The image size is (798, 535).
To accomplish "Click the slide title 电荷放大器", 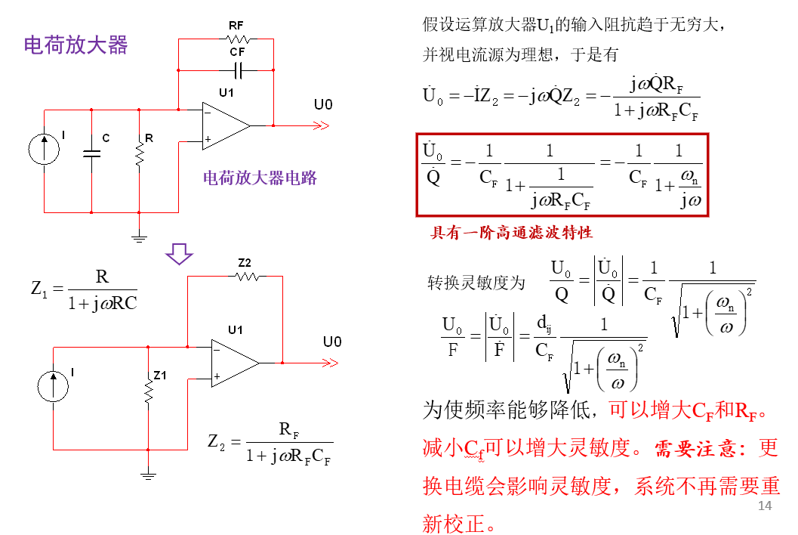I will (x=76, y=45).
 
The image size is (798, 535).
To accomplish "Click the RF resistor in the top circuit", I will (x=237, y=39).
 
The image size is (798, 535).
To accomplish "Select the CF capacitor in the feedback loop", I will (x=238, y=70).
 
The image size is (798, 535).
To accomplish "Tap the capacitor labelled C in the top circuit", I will (x=91, y=153).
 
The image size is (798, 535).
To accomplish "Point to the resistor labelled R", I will (x=140, y=154).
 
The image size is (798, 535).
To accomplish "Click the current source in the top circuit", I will (x=45, y=148).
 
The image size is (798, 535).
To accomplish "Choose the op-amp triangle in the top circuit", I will (x=225, y=125).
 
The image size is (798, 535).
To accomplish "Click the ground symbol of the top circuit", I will (x=140, y=238).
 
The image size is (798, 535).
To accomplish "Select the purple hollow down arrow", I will (x=180, y=254).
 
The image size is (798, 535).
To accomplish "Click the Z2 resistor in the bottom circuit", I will (x=246, y=277).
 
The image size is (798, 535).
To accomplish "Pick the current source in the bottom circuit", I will (x=54, y=386).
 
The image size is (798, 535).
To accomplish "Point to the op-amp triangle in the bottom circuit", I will (x=235, y=363).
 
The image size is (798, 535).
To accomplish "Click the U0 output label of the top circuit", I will (x=323, y=105).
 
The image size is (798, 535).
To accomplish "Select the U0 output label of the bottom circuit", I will (x=332, y=342).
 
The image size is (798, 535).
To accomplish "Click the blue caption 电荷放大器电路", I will (x=260, y=178).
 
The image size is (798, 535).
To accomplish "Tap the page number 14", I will (x=765, y=506).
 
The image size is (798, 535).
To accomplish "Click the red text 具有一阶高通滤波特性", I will (x=511, y=232).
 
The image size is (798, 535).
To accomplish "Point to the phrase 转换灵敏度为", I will (x=476, y=283).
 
